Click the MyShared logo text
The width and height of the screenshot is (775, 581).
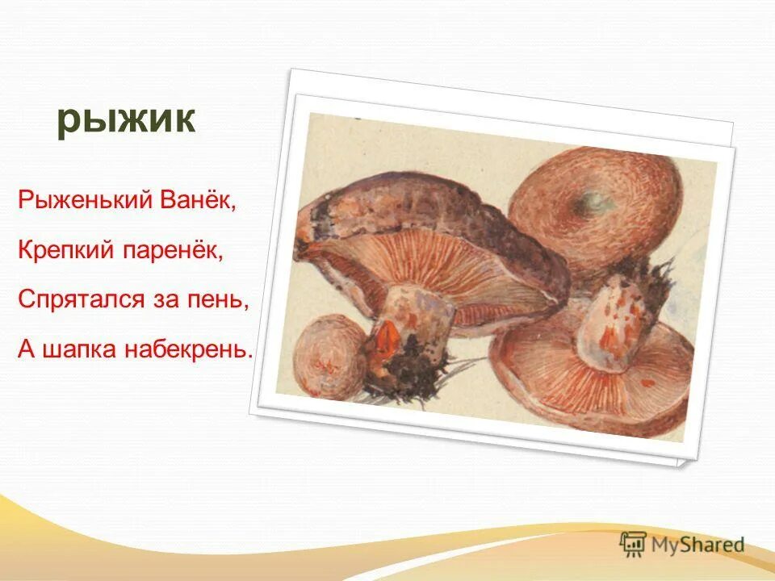pos(697,544)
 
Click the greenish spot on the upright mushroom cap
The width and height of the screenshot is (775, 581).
pos(596,201)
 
